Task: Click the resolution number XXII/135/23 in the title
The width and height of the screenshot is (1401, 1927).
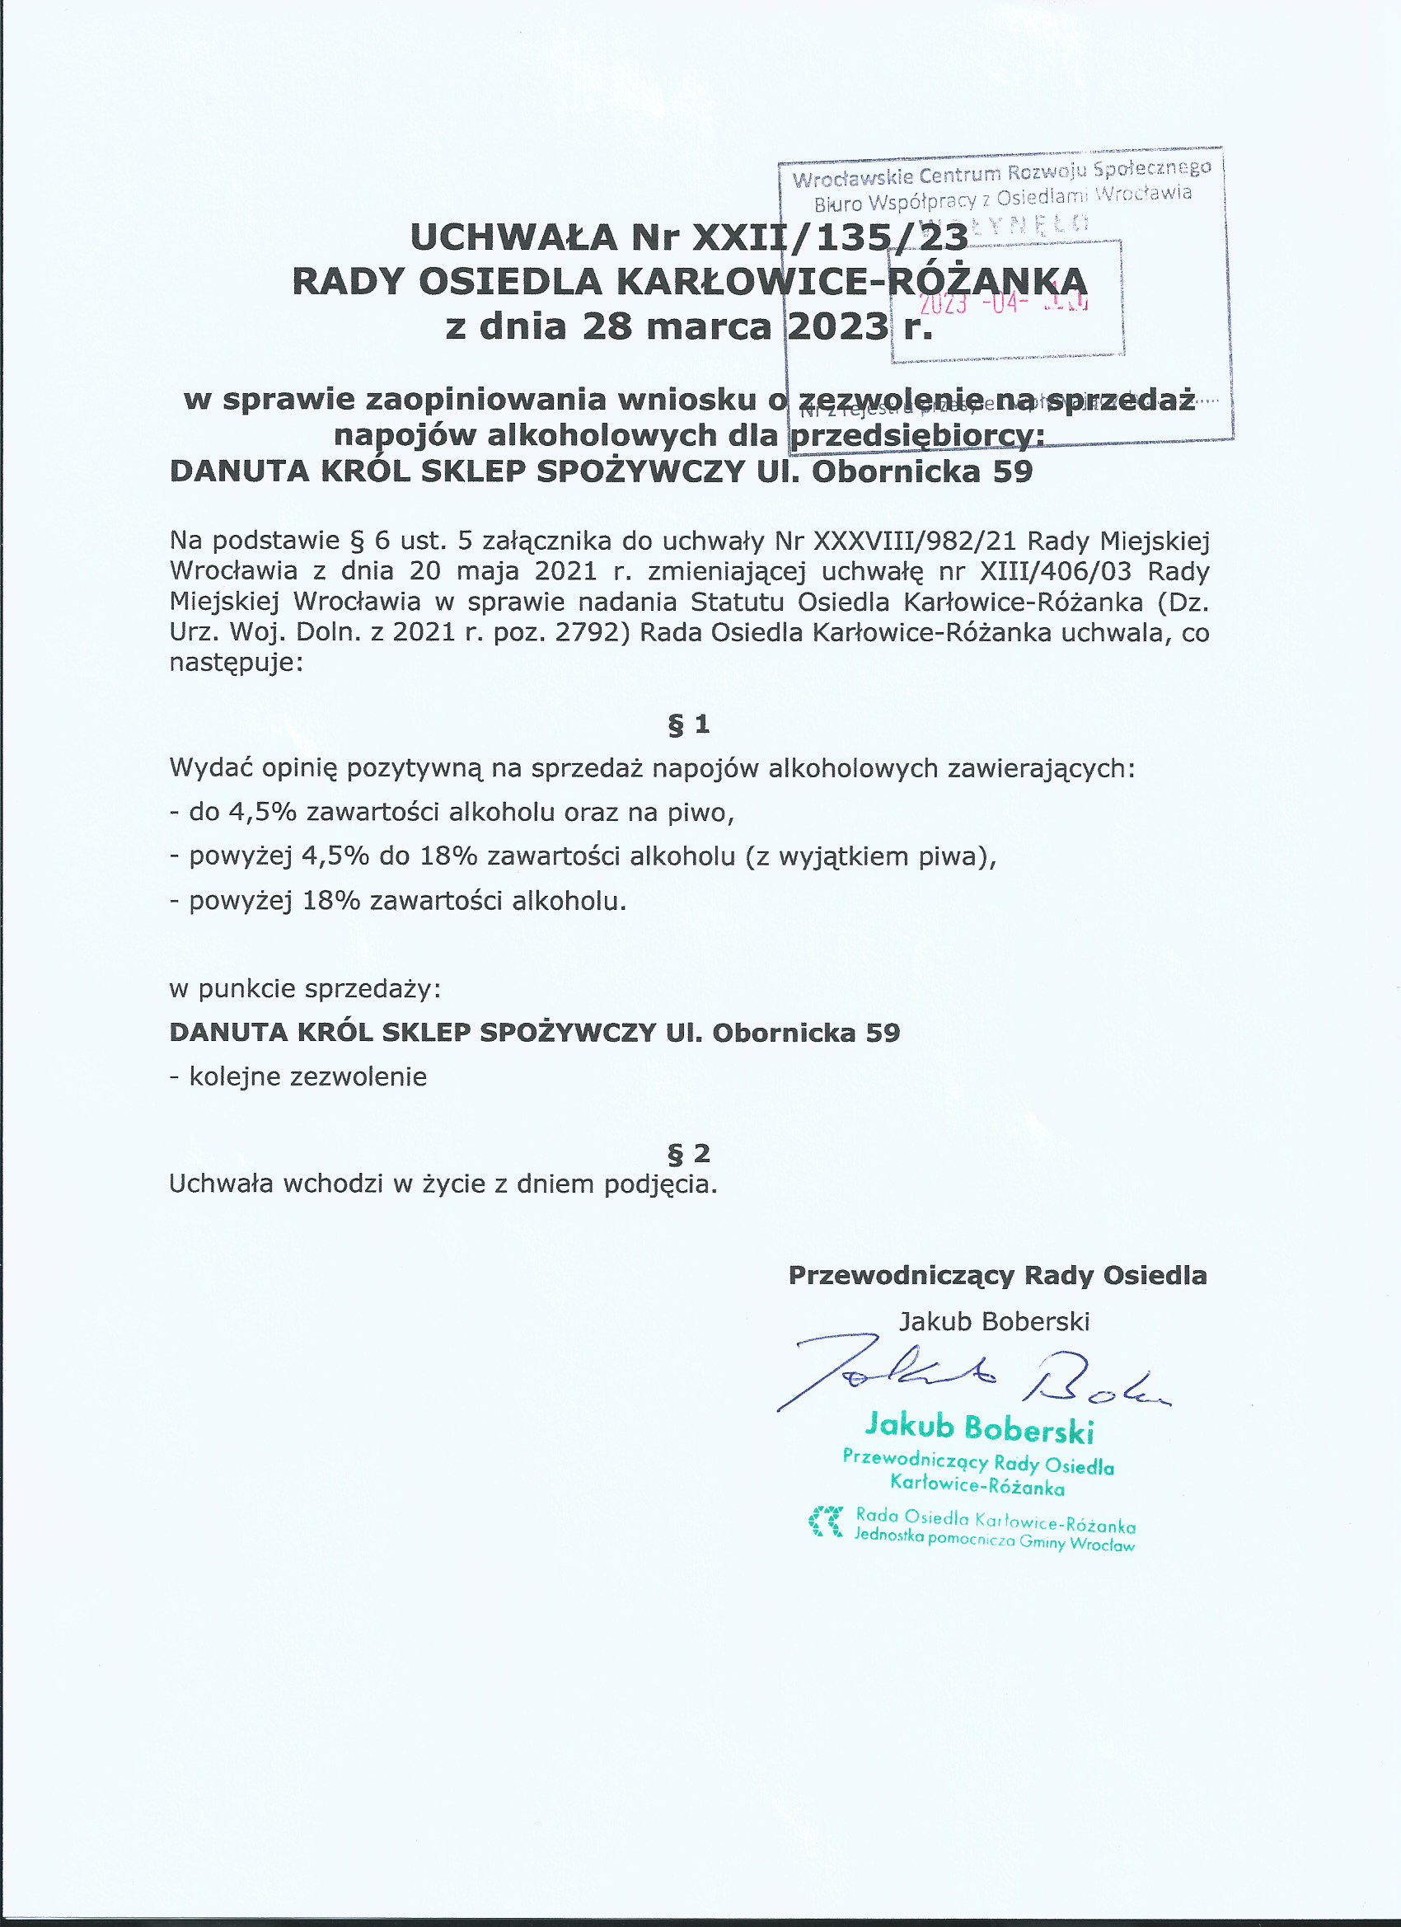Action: [x=830, y=238]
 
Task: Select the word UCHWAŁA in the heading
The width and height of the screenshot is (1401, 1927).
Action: [x=513, y=238]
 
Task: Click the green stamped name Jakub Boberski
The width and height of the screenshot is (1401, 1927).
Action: [x=979, y=1429]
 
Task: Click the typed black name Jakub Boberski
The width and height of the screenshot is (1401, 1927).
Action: [x=994, y=1321]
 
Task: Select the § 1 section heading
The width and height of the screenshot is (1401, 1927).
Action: [x=688, y=724]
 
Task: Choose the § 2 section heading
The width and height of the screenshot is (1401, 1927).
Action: [x=688, y=1154]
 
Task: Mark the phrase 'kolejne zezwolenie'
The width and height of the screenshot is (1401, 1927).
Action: [x=307, y=1077]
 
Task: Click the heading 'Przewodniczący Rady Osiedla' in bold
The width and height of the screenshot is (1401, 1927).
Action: [x=997, y=1275]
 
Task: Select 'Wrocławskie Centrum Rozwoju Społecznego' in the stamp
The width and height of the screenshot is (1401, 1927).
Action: [x=1000, y=173]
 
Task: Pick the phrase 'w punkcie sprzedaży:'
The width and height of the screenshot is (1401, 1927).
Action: [x=305, y=989]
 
